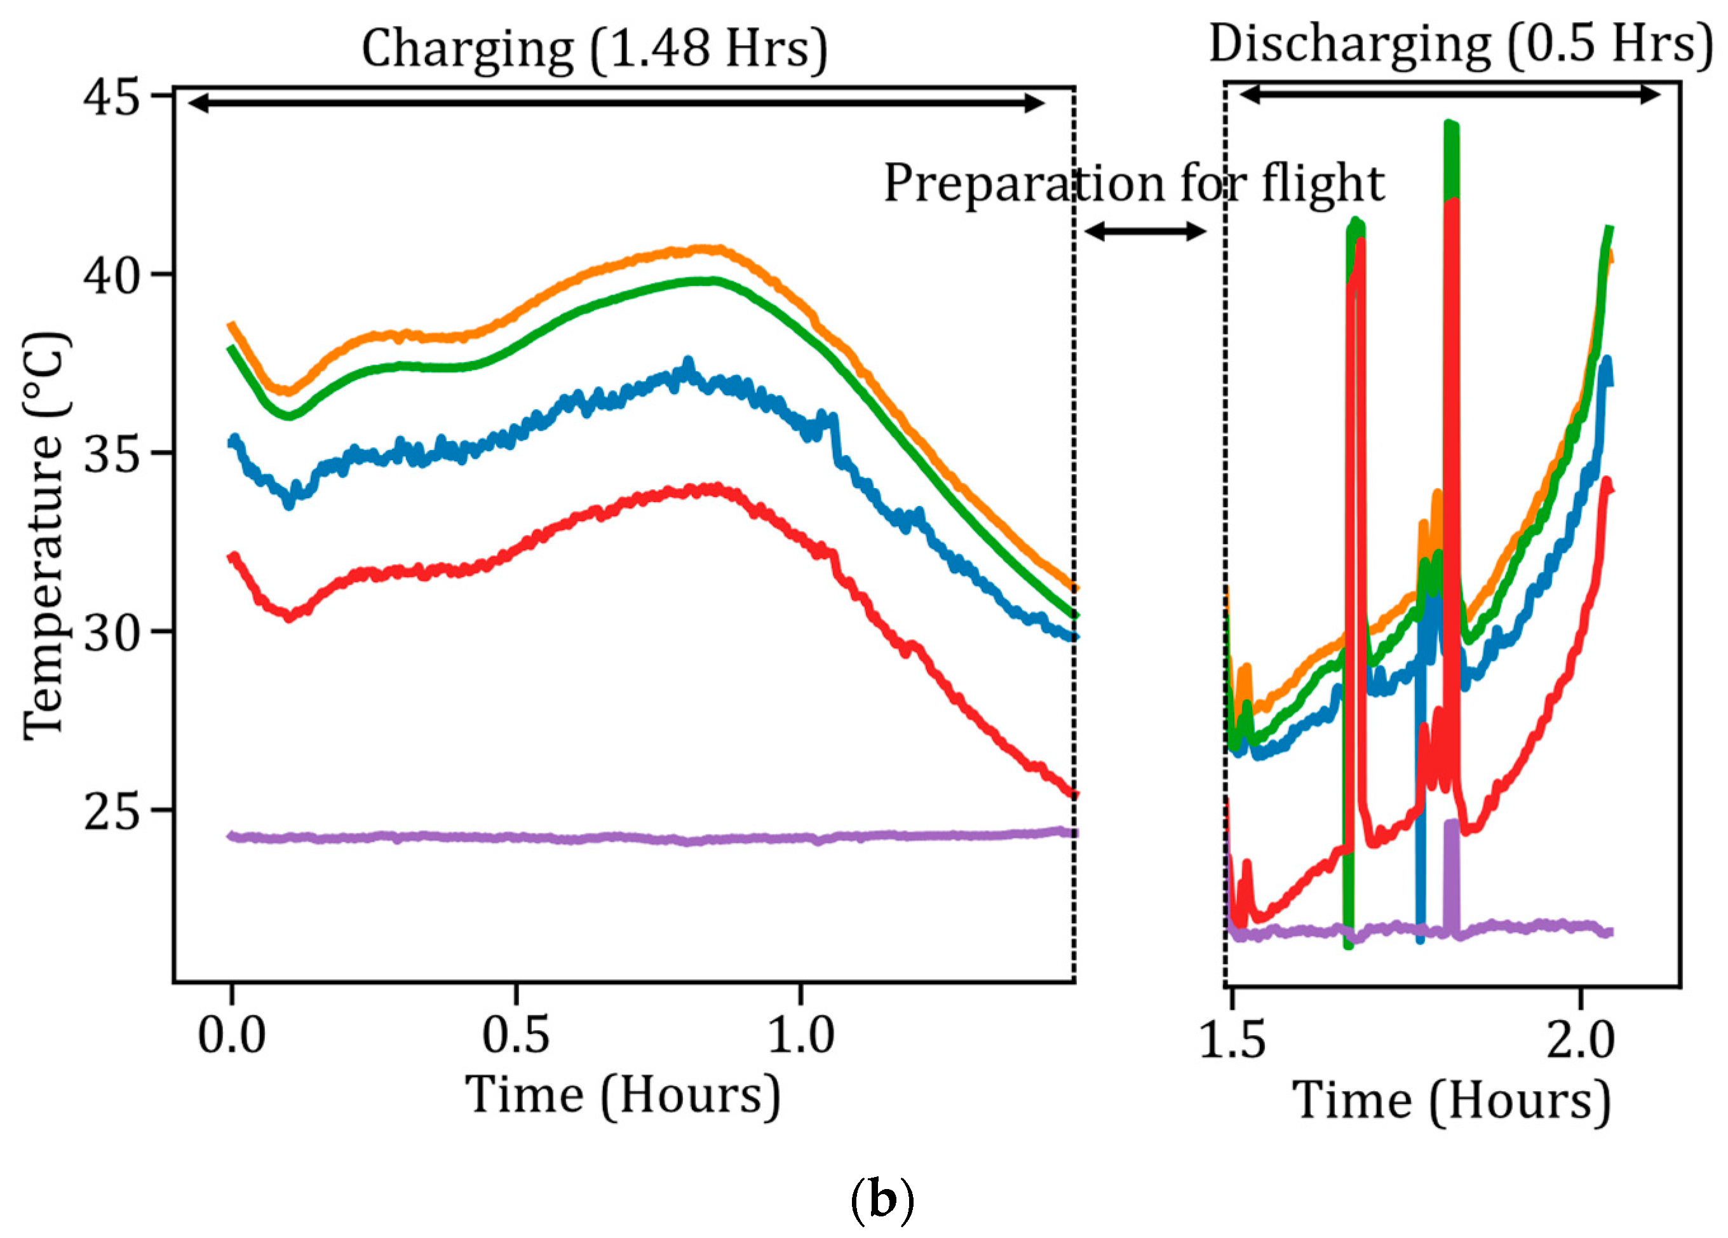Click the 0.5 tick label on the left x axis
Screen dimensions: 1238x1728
[x=516, y=1036]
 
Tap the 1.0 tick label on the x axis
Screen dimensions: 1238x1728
[x=800, y=1036]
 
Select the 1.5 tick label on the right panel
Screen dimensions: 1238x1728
[x=1232, y=1040]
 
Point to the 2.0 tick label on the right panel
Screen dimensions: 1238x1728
[x=1580, y=1040]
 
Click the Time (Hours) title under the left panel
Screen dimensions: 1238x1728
[x=623, y=1096]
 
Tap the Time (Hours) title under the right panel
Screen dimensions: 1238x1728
[x=1452, y=1102]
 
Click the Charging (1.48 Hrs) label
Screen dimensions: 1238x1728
[x=593, y=49]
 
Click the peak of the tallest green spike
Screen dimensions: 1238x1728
[x=1450, y=126]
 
